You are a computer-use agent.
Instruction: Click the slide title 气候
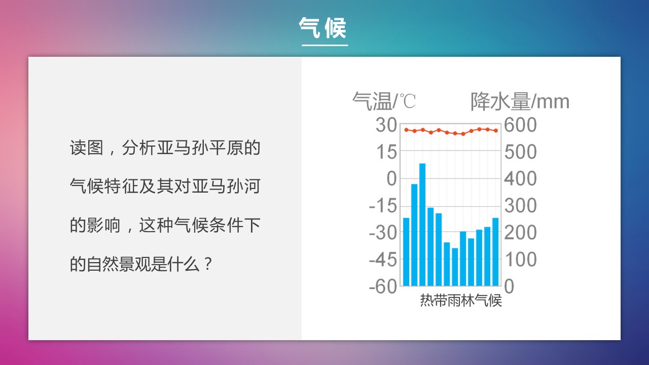pyautogui.click(x=322, y=28)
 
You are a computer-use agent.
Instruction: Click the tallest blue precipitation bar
pyautogui.click(x=422, y=225)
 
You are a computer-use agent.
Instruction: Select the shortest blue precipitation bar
pyautogui.click(x=455, y=267)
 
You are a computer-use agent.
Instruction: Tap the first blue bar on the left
pyautogui.click(x=406, y=252)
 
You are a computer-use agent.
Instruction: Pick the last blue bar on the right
pyautogui.click(x=495, y=252)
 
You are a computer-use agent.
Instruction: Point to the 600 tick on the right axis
pyautogui.click(x=520, y=125)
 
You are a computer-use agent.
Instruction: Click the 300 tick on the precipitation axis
pyautogui.click(x=520, y=205)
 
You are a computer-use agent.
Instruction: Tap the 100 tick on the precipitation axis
pyautogui.click(x=520, y=259)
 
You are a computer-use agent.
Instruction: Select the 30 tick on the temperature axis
pyautogui.click(x=386, y=125)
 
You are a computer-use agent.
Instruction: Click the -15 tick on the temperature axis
pyautogui.click(x=383, y=205)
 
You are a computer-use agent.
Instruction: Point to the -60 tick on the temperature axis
pyautogui.click(x=383, y=286)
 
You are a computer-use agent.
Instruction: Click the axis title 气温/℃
pyautogui.click(x=384, y=101)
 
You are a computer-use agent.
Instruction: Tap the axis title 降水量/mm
pyautogui.click(x=520, y=101)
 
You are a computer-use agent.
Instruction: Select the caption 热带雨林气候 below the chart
pyautogui.click(x=461, y=300)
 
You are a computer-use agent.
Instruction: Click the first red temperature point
pyautogui.click(x=406, y=130)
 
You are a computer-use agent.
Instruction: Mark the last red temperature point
pyautogui.click(x=496, y=131)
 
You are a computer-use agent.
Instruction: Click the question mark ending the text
pyautogui.click(x=208, y=264)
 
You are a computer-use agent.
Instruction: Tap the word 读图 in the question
pyautogui.click(x=86, y=148)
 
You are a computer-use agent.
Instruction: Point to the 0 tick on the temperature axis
pyautogui.click(x=392, y=178)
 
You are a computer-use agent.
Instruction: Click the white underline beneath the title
pyautogui.click(x=324, y=45)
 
